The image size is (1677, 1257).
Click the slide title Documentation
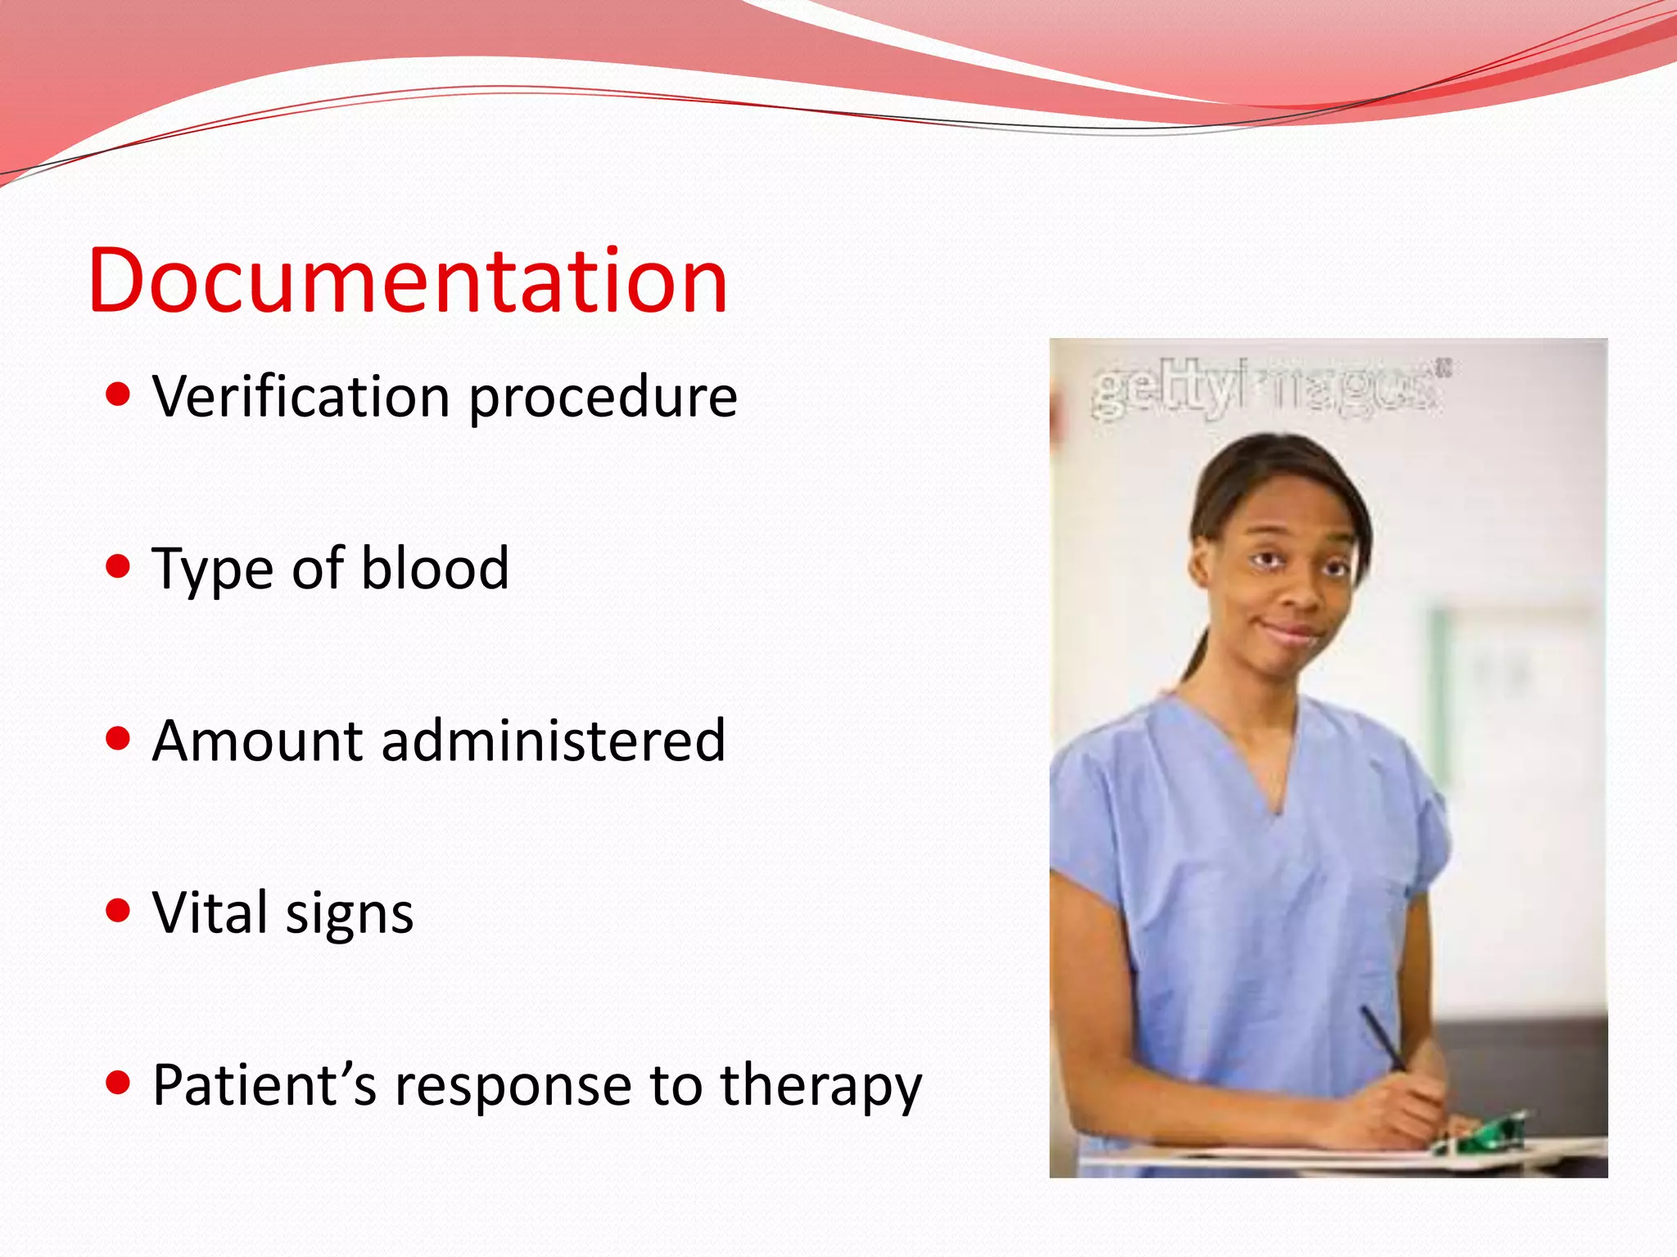pos(407,281)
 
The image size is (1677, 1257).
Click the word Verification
pos(301,397)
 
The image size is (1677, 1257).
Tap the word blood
pos(435,568)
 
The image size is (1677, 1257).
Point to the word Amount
pos(256,741)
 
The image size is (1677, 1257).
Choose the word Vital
pos(210,912)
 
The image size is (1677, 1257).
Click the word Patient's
pos(264,1085)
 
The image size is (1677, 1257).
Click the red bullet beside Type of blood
pos(119,565)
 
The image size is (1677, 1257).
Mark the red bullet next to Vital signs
pos(119,910)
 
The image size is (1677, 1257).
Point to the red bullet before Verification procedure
pos(119,394)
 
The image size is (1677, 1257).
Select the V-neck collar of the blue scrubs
pos(1274,786)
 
